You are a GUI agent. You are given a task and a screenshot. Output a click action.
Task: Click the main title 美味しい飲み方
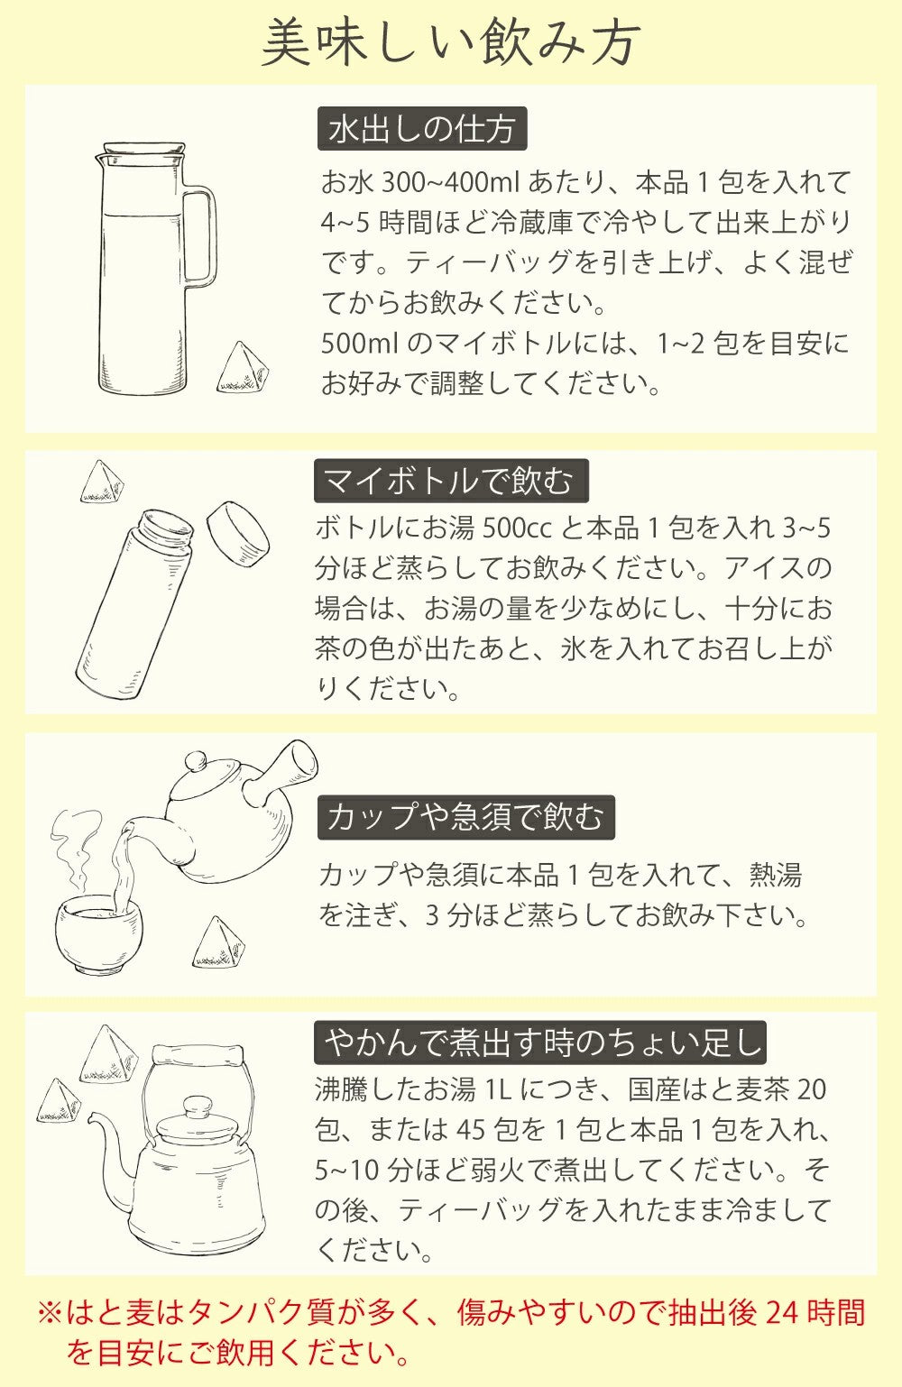(x=451, y=42)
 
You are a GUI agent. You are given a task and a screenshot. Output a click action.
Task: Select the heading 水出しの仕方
(x=421, y=130)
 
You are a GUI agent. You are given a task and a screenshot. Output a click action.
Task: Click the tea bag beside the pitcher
(x=243, y=370)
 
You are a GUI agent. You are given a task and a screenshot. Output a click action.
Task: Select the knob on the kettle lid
(x=197, y=1107)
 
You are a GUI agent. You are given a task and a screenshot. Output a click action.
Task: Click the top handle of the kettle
(x=198, y=1056)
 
